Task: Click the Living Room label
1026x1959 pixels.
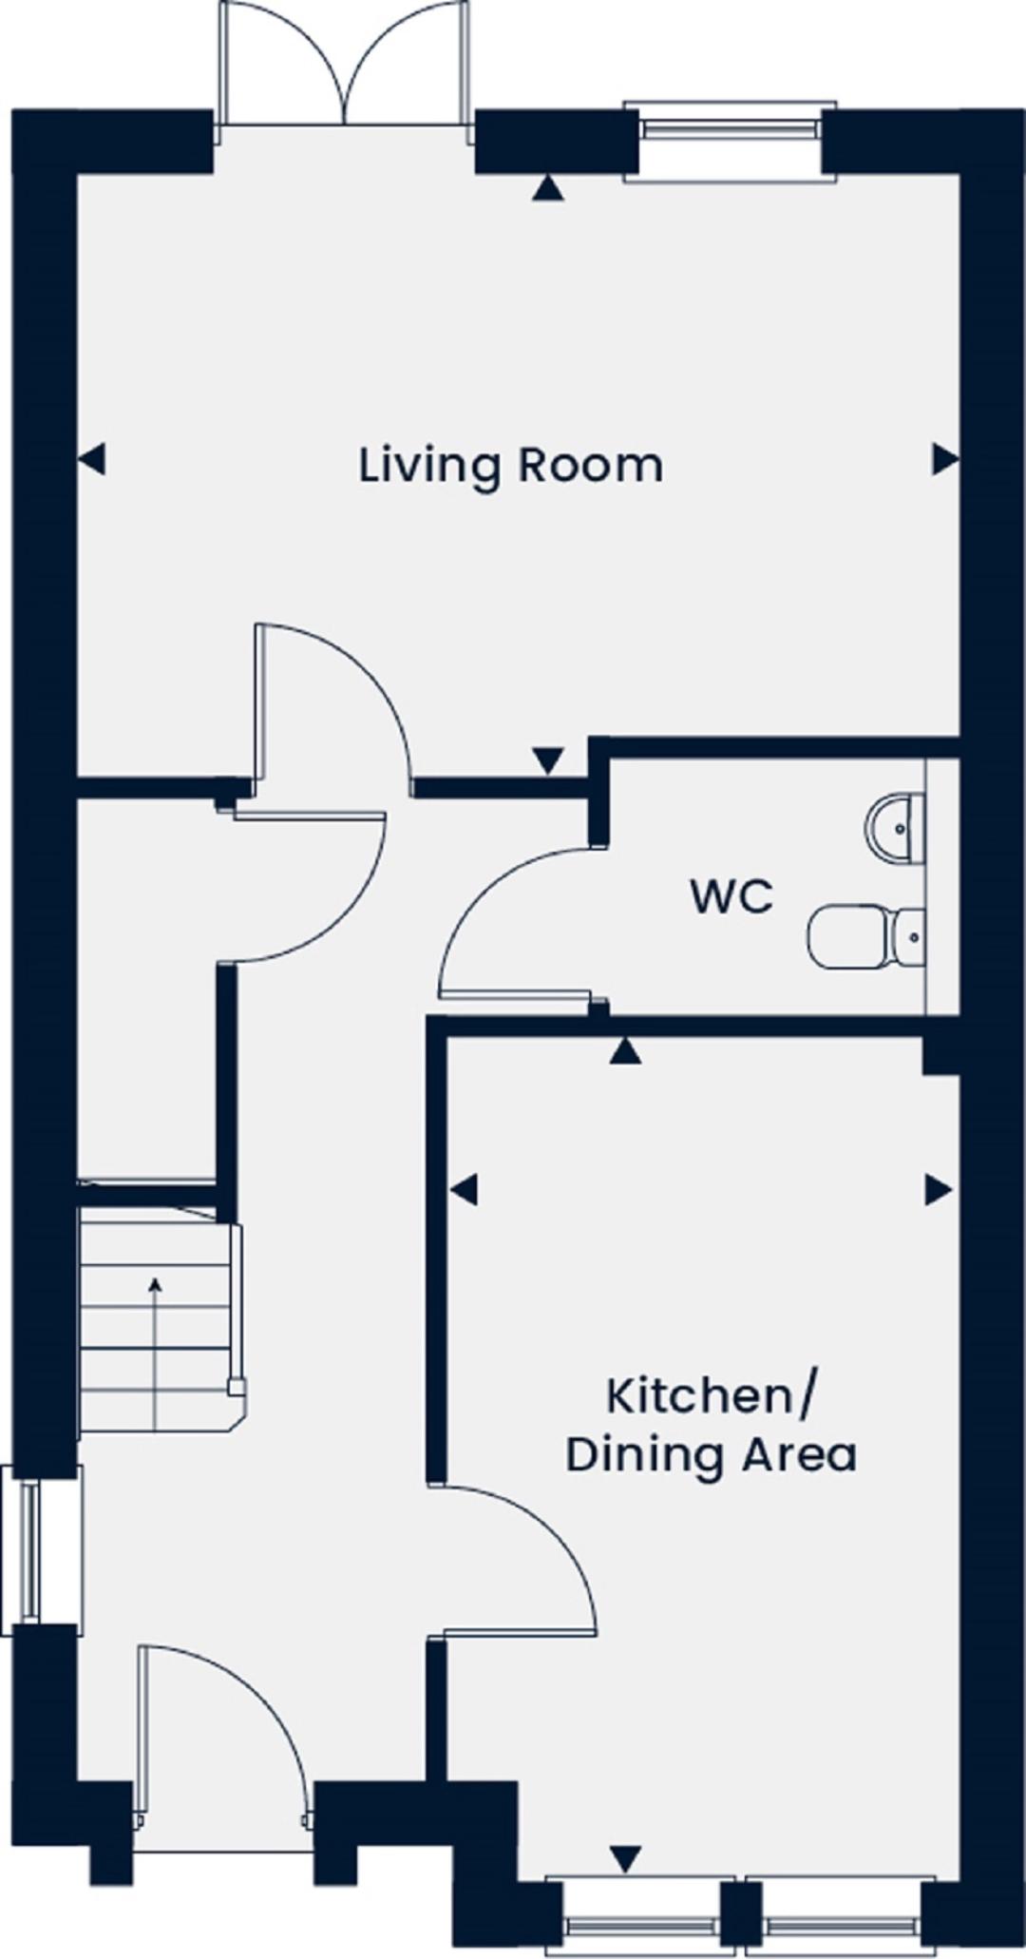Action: point(510,467)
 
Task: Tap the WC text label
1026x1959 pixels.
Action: point(731,897)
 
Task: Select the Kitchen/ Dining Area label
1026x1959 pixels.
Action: point(711,1426)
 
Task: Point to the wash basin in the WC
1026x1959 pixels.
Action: point(895,829)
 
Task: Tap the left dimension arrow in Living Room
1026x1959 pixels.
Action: point(91,460)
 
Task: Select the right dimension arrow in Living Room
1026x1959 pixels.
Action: point(945,460)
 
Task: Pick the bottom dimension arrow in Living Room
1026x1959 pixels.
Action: point(548,760)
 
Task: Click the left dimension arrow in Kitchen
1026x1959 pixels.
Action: point(464,1189)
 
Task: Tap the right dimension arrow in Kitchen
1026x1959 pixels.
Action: point(939,1189)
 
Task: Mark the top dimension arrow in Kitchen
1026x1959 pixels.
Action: point(625,1050)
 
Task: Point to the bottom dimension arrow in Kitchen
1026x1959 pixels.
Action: point(625,1858)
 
